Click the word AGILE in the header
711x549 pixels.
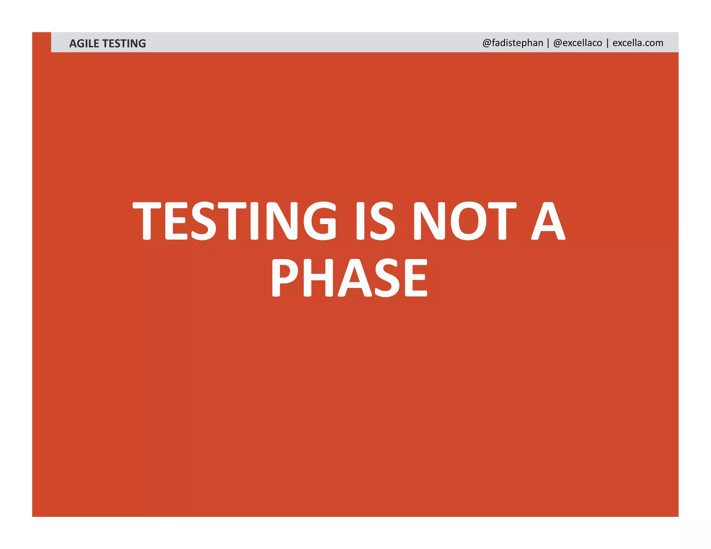tap(84, 43)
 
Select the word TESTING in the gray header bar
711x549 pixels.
tap(124, 43)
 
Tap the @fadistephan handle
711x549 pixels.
tap(512, 43)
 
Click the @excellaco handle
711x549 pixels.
tap(578, 43)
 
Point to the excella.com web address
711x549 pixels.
tap(638, 43)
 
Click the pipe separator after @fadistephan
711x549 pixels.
tap(548, 43)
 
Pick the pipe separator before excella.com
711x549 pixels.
tap(608, 43)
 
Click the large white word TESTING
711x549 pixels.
tap(235, 221)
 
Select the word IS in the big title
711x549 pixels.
tap(375, 221)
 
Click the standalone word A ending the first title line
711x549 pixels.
tap(548, 221)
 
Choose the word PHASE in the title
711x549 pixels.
tap(349, 278)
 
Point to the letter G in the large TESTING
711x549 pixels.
tap(320, 221)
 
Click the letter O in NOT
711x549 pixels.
tap(468, 221)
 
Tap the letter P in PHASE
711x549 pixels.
tap(284, 278)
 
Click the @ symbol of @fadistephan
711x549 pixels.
tap(486, 43)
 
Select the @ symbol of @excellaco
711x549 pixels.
tap(558, 43)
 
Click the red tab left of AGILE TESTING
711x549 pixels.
tap(41, 42)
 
